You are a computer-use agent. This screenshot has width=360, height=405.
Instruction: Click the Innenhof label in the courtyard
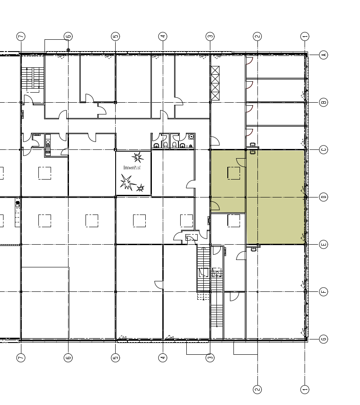[132, 168]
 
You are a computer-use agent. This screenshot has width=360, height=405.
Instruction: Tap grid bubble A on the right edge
[324, 55]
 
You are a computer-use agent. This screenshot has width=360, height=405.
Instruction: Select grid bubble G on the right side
[324, 339]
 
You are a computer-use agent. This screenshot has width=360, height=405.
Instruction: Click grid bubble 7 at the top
[21, 36]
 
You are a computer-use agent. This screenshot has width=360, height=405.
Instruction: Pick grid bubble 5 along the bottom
[115, 358]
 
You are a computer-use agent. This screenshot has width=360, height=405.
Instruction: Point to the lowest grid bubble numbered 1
[305, 389]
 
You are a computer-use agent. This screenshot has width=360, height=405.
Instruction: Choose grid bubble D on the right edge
[324, 197]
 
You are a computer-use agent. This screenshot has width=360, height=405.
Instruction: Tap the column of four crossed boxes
[215, 83]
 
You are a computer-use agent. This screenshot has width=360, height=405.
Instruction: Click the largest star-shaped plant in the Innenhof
[127, 182]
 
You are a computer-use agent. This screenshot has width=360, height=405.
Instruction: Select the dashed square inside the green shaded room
[233, 173]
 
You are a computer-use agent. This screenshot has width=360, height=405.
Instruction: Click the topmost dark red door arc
[250, 61]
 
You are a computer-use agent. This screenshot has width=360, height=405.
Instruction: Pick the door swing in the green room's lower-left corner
[216, 206]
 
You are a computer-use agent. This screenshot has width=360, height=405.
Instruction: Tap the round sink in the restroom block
[192, 137]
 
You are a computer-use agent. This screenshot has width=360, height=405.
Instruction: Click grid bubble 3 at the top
[210, 36]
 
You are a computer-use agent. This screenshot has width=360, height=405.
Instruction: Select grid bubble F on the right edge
[324, 292]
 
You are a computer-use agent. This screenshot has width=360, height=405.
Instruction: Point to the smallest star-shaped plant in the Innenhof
[140, 188]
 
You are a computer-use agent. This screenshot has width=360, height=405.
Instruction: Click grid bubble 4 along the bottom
[163, 358]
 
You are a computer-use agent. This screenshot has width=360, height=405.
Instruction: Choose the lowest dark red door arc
[250, 132]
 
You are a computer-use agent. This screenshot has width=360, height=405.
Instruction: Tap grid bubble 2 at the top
[257, 36]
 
